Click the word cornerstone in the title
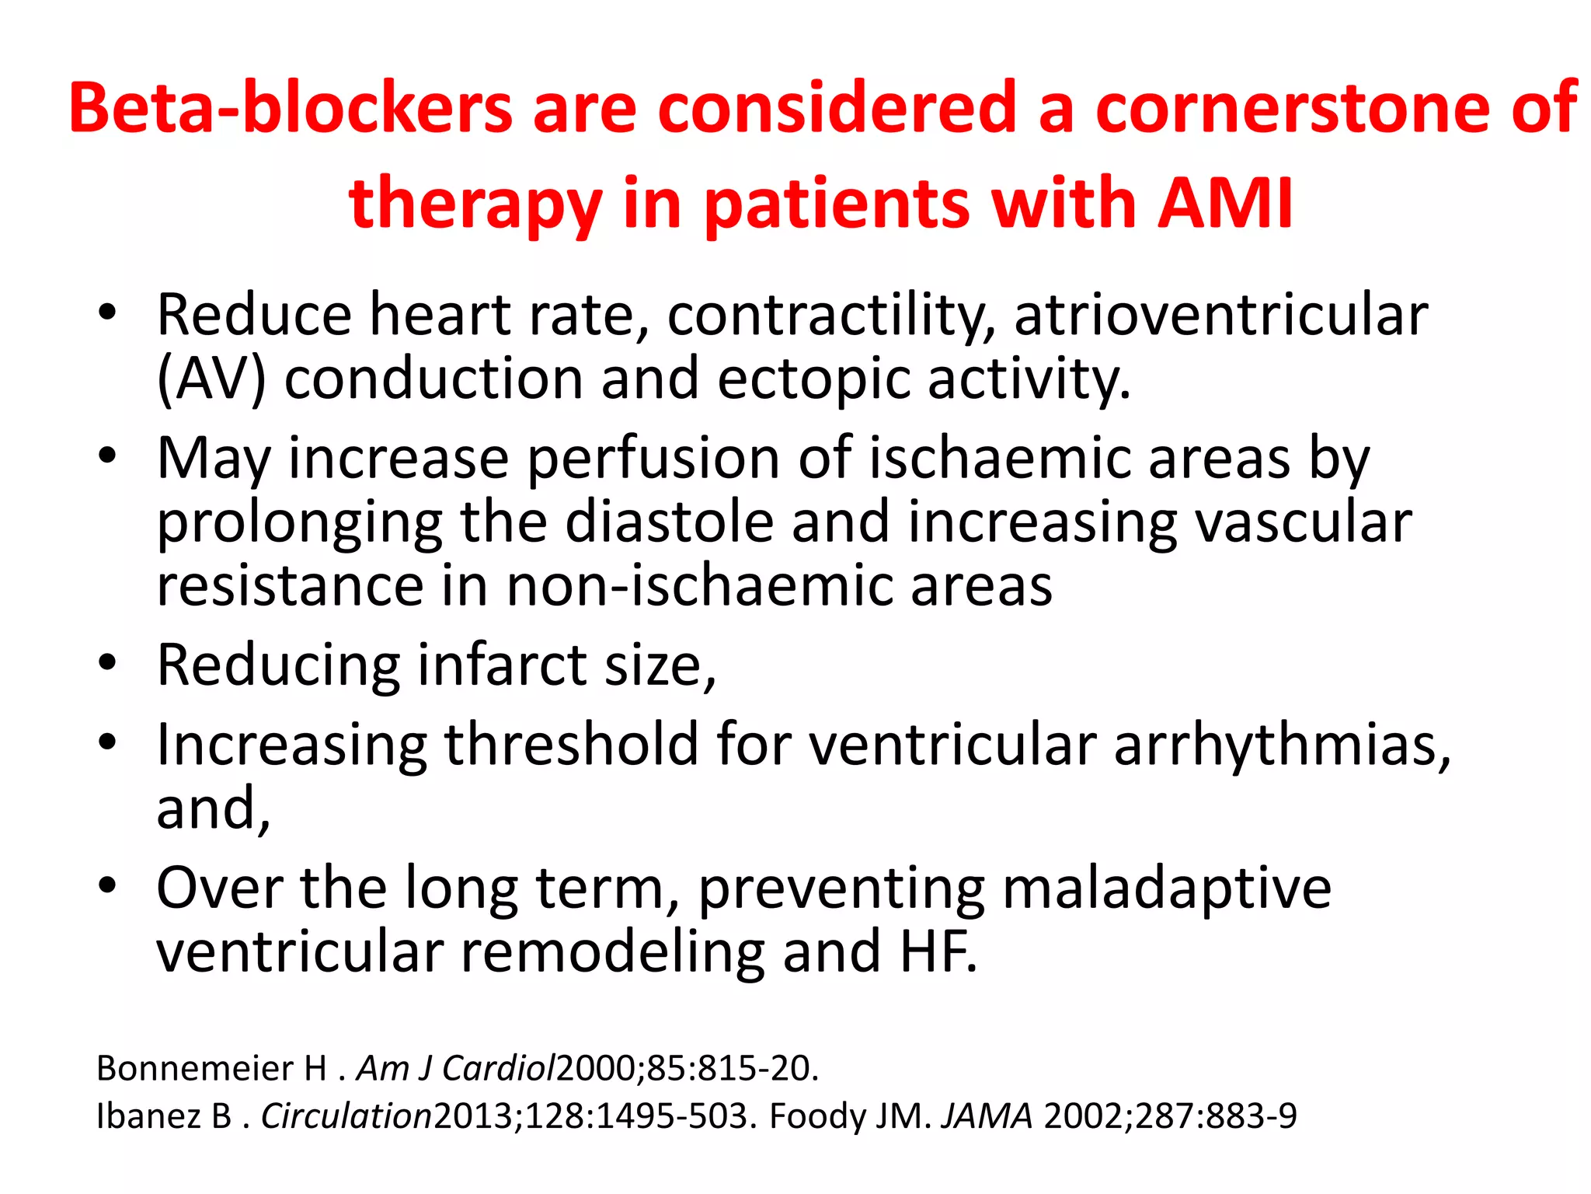point(1294,109)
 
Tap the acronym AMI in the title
point(1225,204)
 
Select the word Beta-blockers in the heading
point(291,109)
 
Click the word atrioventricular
point(1220,315)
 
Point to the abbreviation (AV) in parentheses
point(211,380)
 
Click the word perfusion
point(653,459)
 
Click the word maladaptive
point(1166,888)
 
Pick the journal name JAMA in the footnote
point(987,1116)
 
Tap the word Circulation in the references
point(346,1116)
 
